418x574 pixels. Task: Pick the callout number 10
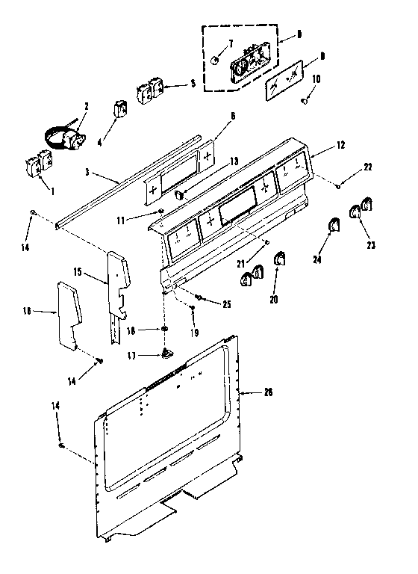[316, 78]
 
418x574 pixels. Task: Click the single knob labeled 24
[334, 225]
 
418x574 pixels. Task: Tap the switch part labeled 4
[119, 109]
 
